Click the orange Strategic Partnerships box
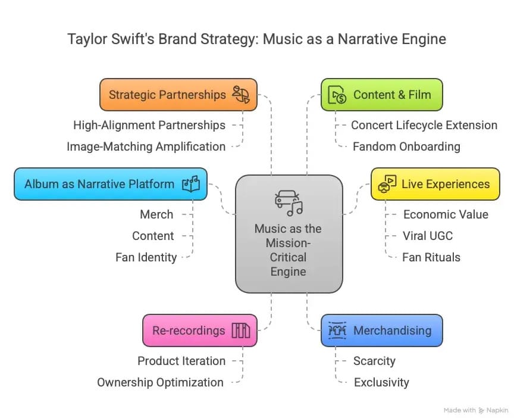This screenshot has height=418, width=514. (x=178, y=95)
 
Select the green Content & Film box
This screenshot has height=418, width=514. (x=382, y=95)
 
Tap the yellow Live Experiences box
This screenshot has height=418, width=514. (x=435, y=183)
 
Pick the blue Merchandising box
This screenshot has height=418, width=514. (x=382, y=330)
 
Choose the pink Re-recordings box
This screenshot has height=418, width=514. (x=199, y=330)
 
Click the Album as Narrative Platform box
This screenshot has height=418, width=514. (x=110, y=183)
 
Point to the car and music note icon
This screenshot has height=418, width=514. (x=289, y=203)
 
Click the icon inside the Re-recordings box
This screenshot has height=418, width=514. (x=241, y=330)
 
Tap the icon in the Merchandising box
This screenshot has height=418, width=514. (x=337, y=330)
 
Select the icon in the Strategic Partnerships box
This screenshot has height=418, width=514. (x=242, y=95)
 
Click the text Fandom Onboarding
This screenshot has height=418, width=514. (x=406, y=146)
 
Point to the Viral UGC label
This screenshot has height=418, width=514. (x=427, y=236)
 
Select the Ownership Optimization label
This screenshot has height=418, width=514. (x=161, y=382)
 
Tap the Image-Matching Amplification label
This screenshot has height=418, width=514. (x=146, y=146)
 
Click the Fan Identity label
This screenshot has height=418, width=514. (x=146, y=257)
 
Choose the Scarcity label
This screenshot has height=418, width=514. (x=374, y=361)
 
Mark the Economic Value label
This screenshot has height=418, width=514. (x=446, y=214)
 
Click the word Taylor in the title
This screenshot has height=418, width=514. (x=85, y=39)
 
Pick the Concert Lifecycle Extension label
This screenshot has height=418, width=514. (x=424, y=125)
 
